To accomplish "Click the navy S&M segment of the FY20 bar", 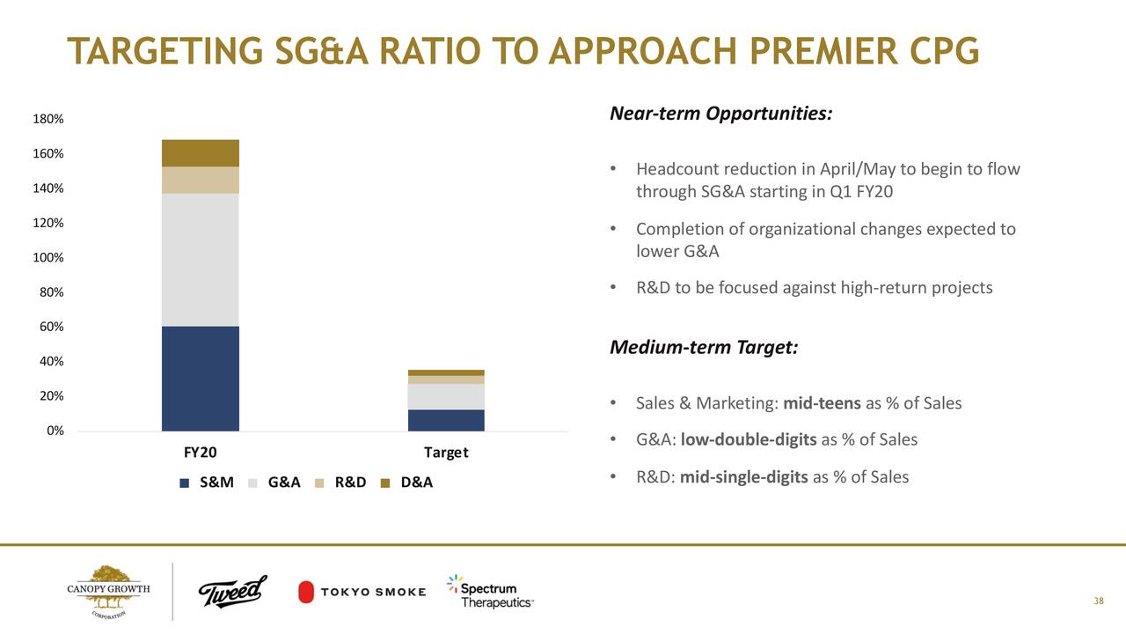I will tap(201, 378).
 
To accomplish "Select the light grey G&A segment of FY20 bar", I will tap(201, 260).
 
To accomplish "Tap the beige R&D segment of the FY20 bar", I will tap(201, 180).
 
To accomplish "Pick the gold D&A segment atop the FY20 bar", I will tap(201, 153).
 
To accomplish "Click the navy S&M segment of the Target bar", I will tap(446, 420).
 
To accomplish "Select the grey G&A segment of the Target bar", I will tap(446, 396).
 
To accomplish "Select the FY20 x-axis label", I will tap(201, 453).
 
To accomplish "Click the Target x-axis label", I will tap(446, 453).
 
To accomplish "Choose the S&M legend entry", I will tap(206, 483).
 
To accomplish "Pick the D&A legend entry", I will tap(407, 483).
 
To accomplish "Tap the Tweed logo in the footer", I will tap(232, 591).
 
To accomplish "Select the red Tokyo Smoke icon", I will tap(307, 592).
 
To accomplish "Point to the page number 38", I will tap(1098, 601).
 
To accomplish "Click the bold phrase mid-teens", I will tap(822, 403).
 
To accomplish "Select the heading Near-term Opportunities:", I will tap(720, 114).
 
